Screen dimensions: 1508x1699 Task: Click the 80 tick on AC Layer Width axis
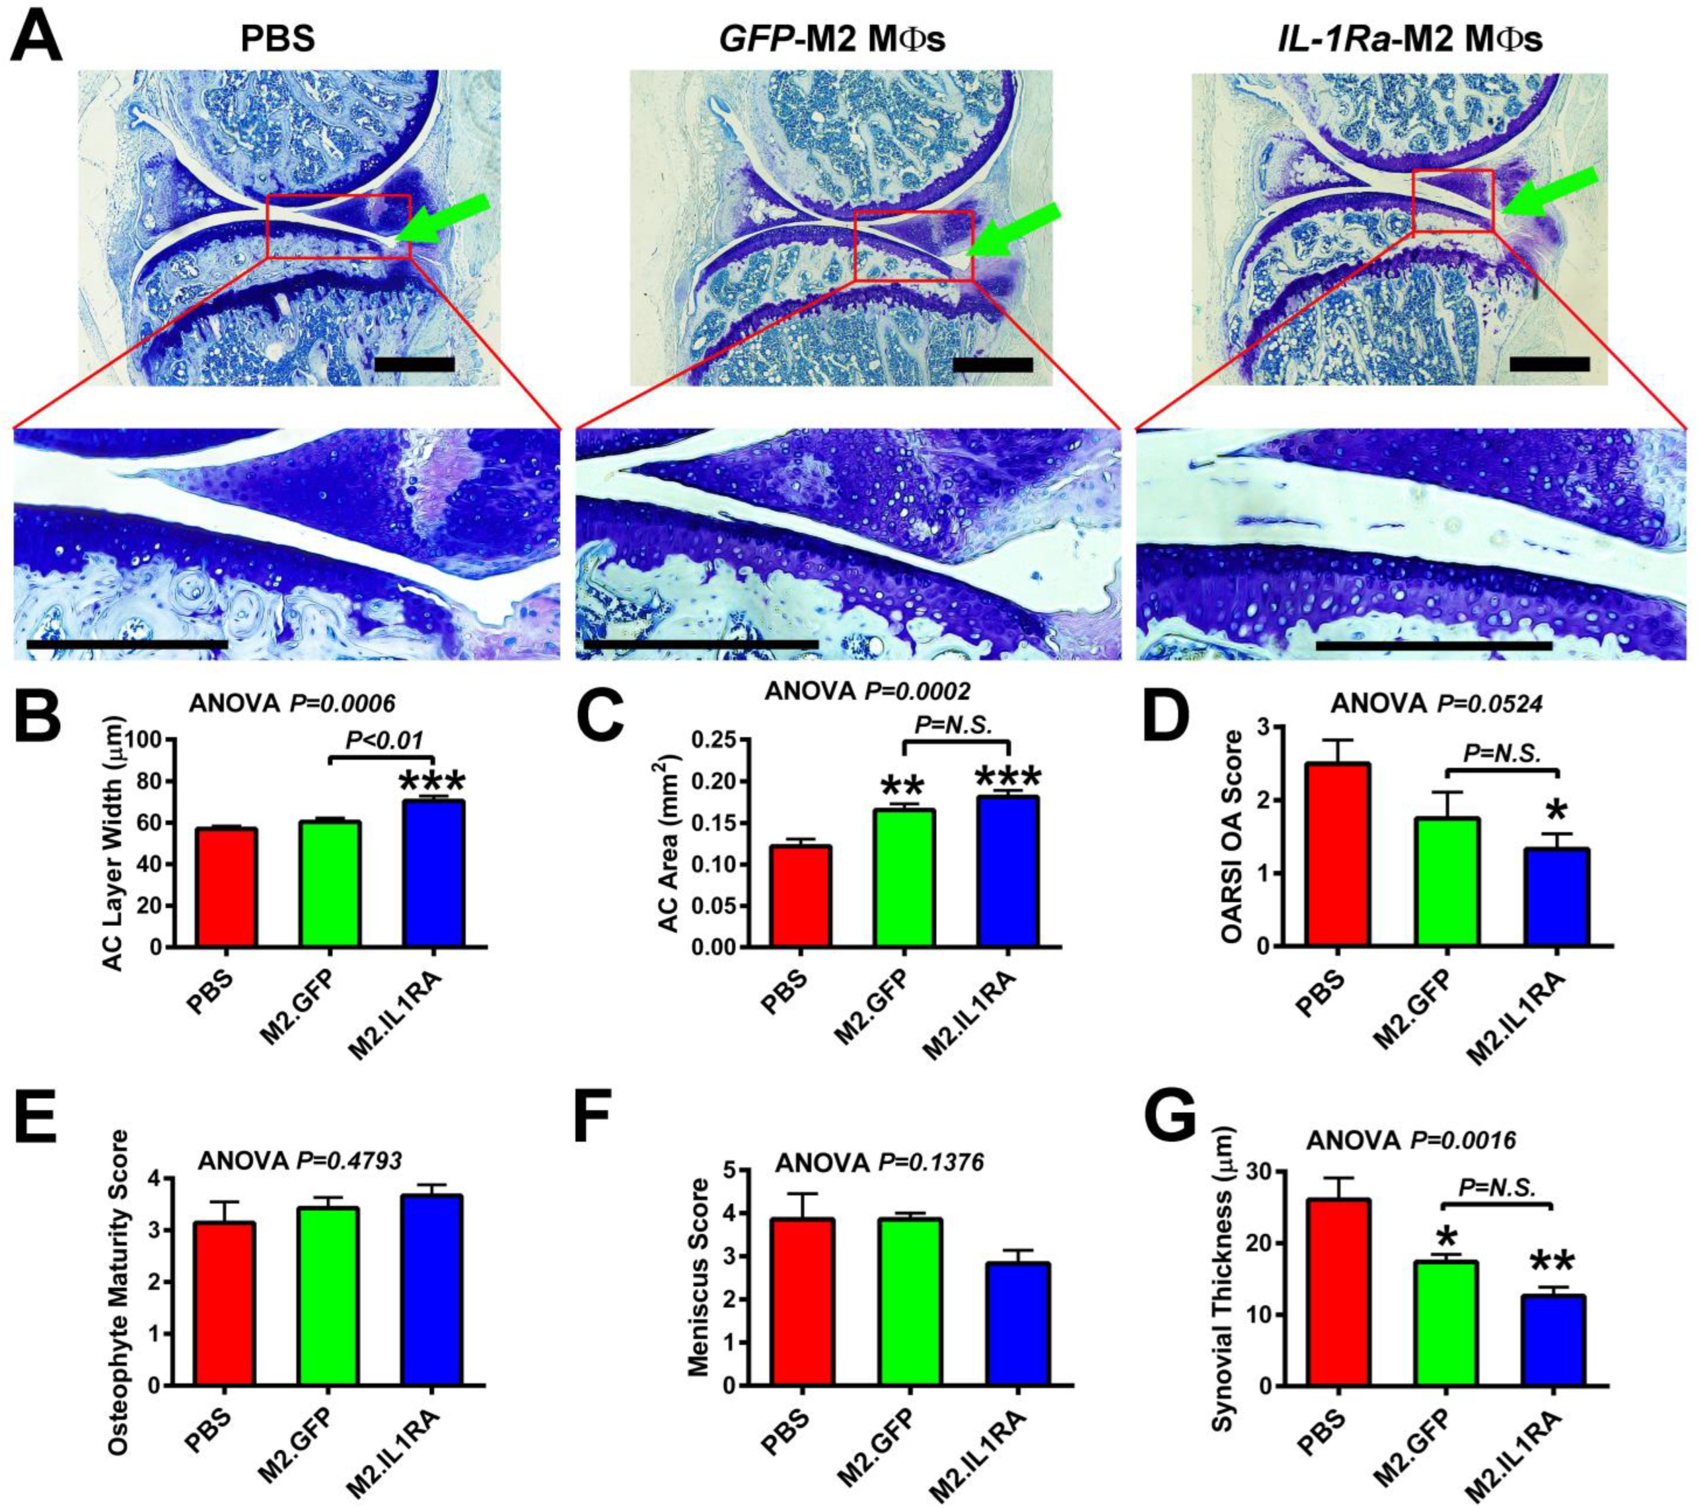pos(148,781)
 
